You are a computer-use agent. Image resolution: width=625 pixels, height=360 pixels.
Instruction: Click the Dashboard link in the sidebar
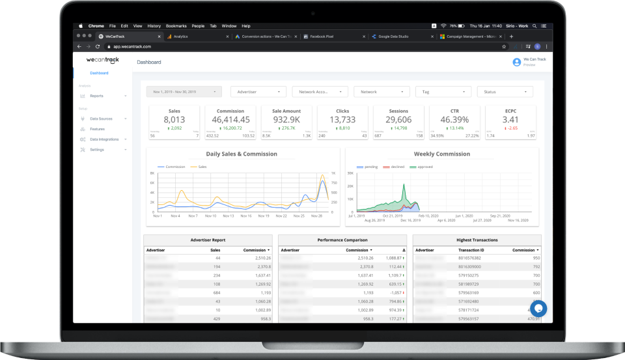tap(99, 73)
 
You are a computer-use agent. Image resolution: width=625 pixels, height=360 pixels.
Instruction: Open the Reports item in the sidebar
tap(96, 96)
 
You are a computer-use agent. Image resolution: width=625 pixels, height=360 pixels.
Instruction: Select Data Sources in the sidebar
tap(101, 118)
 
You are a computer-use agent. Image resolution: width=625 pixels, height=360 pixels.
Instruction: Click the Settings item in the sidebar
tap(97, 150)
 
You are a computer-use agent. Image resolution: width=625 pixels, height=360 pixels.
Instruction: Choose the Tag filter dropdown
tap(443, 92)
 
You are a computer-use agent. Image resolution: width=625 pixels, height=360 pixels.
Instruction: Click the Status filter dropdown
tap(505, 92)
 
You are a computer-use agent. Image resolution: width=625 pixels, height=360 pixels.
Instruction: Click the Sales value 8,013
tap(174, 120)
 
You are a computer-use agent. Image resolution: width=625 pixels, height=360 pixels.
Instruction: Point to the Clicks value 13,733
tap(342, 120)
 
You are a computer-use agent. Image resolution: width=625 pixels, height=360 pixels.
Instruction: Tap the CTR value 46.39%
tap(454, 120)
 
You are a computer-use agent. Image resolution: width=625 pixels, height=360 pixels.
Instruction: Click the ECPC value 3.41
tap(510, 120)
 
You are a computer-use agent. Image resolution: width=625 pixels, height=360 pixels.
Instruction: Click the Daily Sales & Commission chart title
tap(242, 154)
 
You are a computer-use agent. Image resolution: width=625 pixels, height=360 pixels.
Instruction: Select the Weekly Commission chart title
tap(441, 154)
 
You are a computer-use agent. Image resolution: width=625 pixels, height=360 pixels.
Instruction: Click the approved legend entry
tap(424, 167)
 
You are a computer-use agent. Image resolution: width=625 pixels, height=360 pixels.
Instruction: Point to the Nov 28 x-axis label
tap(317, 215)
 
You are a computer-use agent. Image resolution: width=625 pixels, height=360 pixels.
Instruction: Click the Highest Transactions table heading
tap(477, 240)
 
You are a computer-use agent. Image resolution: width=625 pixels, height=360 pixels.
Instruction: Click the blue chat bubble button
tap(537, 308)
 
